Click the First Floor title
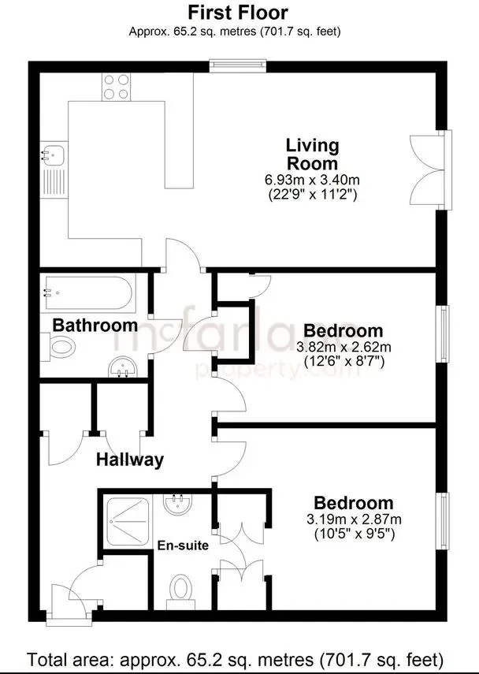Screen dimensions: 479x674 (x=238, y=13)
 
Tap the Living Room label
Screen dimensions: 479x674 (x=313, y=155)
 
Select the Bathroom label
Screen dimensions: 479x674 (x=95, y=326)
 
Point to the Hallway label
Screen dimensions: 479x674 (x=130, y=460)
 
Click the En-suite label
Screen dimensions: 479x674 (x=183, y=546)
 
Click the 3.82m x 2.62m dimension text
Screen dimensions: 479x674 (x=343, y=346)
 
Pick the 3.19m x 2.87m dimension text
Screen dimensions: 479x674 (x=354, y=519)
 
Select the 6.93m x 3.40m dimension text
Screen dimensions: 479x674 (x=312, y=180)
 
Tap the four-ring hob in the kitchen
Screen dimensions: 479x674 (x=117, y=87)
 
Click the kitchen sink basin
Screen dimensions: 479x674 (x=54, y=154)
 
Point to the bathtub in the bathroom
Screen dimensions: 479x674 (x=88, y=292)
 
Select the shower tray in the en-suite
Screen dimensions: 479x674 (x=128, y=523)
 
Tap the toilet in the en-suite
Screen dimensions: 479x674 (x=180, y=591)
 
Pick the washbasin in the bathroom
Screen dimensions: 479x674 (x=122, y=367)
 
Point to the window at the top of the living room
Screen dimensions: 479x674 (x=238, y=65)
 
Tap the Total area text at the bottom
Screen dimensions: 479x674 (x=236, y=658)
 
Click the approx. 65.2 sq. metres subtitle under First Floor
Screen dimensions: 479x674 (x=235, y=32)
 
